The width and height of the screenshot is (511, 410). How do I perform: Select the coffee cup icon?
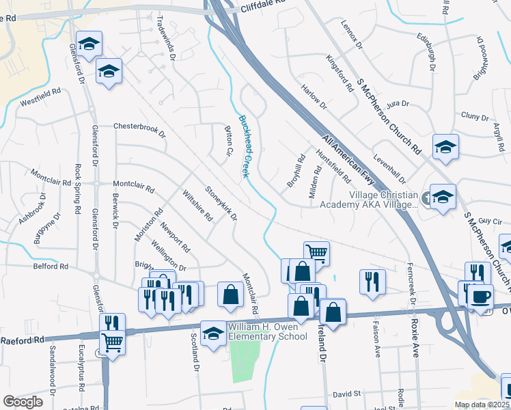(480, 297)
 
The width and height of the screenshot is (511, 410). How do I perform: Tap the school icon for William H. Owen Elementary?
(214, 333)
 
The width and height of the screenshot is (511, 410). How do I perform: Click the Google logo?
(23, 402)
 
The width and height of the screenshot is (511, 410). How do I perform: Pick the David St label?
(346, 394)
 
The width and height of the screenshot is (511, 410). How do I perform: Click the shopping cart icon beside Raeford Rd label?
(112, 342)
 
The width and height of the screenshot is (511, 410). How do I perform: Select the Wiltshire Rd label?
(197, 206)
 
